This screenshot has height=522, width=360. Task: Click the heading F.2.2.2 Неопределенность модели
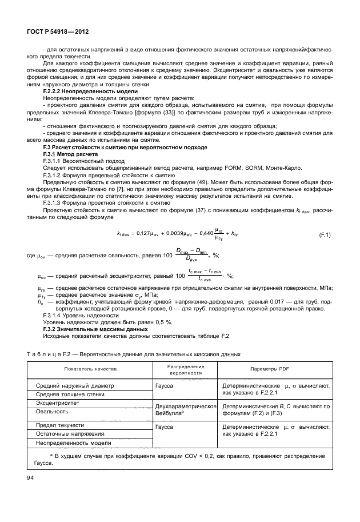[x=90, y=91]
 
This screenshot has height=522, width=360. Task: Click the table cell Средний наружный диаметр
[x=75, y=386]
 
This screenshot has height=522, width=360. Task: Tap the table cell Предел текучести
[x=60, y=426]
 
